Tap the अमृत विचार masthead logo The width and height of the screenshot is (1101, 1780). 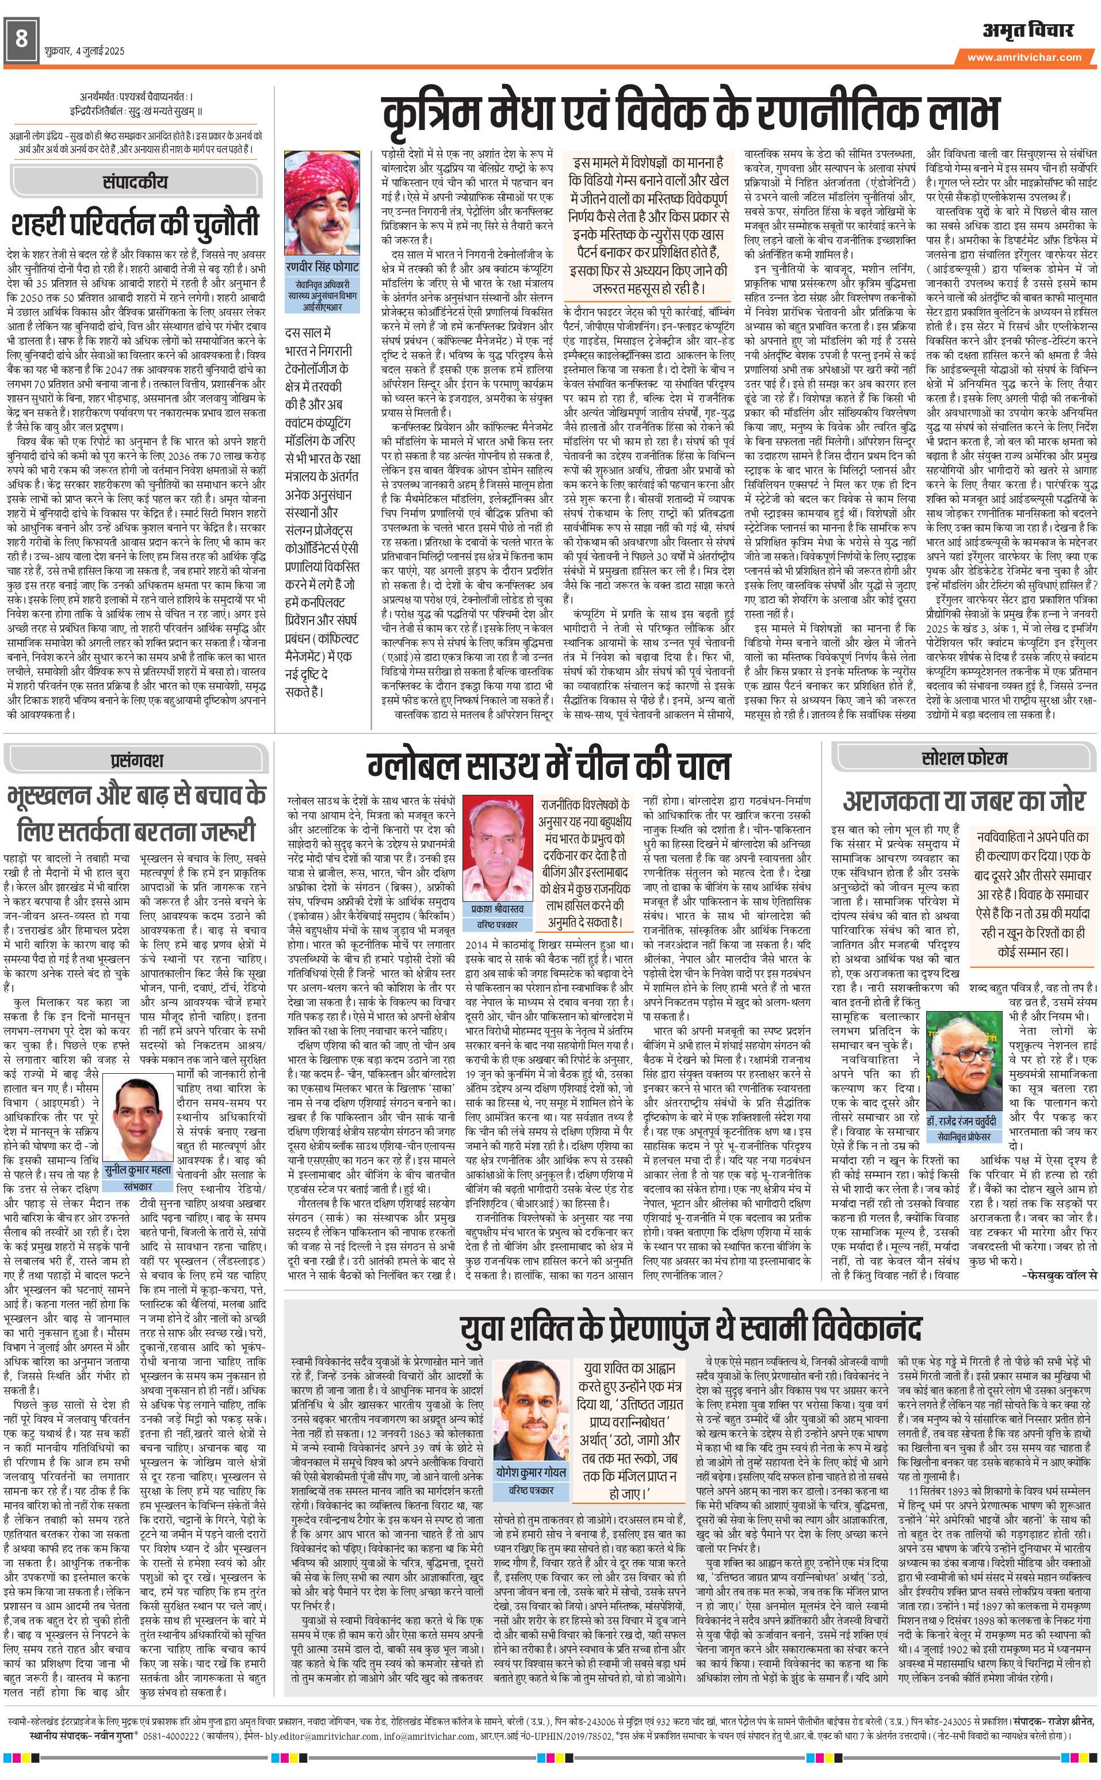[1028, 30]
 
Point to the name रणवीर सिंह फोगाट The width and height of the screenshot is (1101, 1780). [323, 267]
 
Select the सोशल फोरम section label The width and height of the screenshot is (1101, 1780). [964, 758]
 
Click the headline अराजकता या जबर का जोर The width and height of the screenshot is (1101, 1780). [964, 801]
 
